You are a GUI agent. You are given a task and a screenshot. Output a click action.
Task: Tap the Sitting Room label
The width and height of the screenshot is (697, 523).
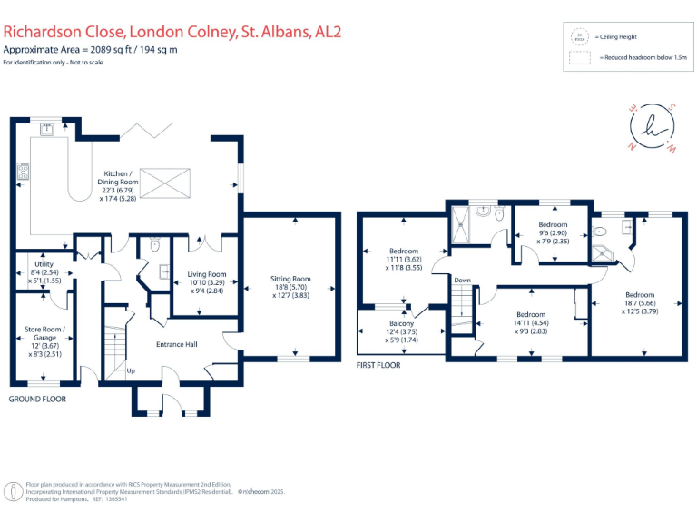tap(290, 279)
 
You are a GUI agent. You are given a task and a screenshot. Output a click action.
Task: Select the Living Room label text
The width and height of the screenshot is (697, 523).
tap(206, 274)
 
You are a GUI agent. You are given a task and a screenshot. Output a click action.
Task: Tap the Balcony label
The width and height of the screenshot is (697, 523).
tap(401, 324)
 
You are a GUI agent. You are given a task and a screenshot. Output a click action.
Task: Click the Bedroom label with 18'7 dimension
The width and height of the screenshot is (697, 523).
tap(639, 294)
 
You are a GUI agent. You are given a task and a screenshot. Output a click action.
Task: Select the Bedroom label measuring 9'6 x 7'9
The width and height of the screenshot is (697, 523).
tap(553, 224)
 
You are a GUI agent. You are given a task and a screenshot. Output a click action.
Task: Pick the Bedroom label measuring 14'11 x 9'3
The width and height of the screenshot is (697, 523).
tap(531, 314)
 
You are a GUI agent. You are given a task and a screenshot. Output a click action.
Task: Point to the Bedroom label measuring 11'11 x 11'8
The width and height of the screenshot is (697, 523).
tap(404, 251)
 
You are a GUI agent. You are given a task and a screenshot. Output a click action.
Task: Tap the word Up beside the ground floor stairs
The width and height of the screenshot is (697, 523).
tap(130, 370)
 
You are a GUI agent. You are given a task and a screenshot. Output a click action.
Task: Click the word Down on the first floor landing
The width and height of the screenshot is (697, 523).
tap(463, 281)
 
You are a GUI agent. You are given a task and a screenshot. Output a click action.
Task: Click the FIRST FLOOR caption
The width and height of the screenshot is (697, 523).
tap(378, 365)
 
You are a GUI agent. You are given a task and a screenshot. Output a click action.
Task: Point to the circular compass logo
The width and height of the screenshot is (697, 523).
tap(654, 127)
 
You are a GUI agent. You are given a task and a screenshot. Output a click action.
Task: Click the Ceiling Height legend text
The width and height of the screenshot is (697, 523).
tap(618, 37)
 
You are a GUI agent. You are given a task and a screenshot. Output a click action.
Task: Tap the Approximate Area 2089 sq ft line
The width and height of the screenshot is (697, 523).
tap(90, 49)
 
